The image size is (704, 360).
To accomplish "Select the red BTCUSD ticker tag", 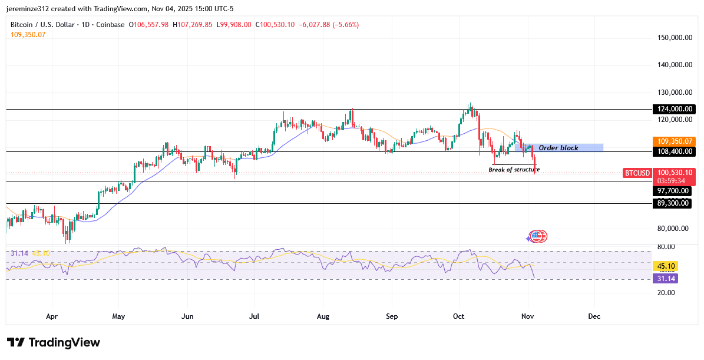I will pos(637,173).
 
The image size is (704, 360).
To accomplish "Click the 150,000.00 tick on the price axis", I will pos(674,38).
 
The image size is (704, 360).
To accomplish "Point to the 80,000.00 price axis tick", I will pos(674,229).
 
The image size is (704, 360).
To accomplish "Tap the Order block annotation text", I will pos(558,148).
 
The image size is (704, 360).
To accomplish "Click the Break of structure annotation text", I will pos(514,170).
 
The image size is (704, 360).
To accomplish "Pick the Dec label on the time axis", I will pos(594,316).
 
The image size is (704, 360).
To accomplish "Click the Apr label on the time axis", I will pos(52,316).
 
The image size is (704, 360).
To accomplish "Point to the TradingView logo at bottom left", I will pos(54,343).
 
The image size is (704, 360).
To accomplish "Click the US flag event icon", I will pos(536,236).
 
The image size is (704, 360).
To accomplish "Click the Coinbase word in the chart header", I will pos(111,25).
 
